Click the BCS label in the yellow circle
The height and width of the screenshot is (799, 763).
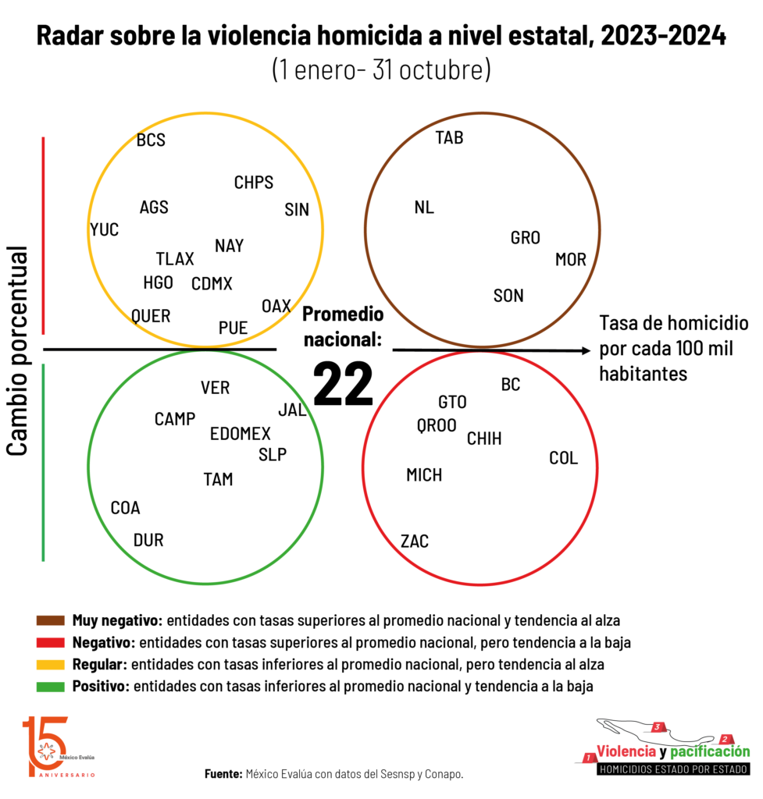click(x=151, y=140)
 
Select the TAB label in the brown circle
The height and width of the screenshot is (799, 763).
click(x=449, y=137)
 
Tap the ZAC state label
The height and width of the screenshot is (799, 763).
click(x=415, y=542)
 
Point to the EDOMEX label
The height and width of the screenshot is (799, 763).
click(x=241, y=434)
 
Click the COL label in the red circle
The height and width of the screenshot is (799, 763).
click(x=564, y=458)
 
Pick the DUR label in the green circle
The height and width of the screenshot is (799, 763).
click(x=148, y=540)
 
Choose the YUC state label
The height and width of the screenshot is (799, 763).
click(x=105, y=230)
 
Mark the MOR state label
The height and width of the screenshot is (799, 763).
click(x=571, y=260)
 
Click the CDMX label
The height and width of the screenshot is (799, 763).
click(x=212, y=284)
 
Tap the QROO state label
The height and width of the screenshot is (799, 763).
click(x=437, y=425)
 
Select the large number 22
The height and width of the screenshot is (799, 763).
click(x=344, y=384)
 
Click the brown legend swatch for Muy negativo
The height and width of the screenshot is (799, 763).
click(x=51, y=620)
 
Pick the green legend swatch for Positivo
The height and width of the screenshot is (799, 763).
click(x=51, y=687)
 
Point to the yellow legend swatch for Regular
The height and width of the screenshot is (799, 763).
click(x=51, y=665)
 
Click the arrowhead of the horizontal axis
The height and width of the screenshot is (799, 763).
click(x=586, y=350)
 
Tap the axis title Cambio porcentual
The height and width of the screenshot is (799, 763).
click(x=17, y=350)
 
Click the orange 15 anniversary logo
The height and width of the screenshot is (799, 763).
click(x=47, y=747)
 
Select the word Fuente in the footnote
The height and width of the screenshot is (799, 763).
click(x=223, y=774)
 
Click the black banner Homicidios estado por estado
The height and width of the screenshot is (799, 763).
click(x=673, y=769)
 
